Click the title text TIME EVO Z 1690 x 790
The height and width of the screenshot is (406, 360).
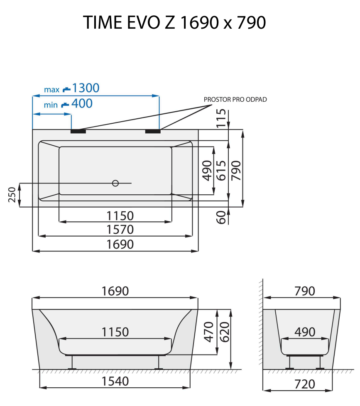click(x=174, y=22)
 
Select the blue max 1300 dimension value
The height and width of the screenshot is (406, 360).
click(x=86, y=88)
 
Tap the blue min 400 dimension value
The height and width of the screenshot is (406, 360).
click(x=82, y=103)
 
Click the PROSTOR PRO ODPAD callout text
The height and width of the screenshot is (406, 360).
click(x=235, y=100)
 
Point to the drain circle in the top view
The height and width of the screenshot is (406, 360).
click(x=115, y=183)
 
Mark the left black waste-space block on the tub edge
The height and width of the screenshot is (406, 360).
click(x=78, y=132)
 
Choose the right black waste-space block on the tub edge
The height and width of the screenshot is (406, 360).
click(x=153, y=132)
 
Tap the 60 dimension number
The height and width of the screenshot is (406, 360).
click(x=222, y=217)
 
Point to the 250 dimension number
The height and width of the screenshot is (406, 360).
click(x=12, y=195)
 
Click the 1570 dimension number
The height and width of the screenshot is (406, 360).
click(x=120, y=229)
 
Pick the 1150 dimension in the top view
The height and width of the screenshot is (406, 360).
click(x=120, y=216)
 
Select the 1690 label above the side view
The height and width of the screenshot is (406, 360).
click(x=115, y=291)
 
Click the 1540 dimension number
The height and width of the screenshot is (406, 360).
click(x=115, y=381)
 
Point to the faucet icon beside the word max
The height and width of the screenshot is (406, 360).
click(x=66, y=89)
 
